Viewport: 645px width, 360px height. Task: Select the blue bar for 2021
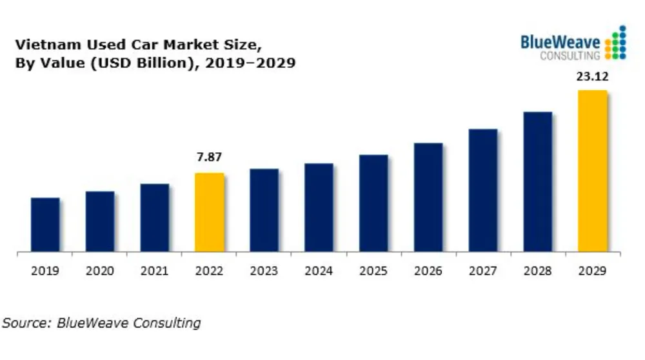click(155, 217)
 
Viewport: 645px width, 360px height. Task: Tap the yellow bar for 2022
click(210, 212)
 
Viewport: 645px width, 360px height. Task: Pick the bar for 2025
click(373, 203)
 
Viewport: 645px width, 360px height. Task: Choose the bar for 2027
click(483, 190)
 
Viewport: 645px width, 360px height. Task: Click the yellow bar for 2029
click(593, 171)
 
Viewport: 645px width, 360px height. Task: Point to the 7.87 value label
click(210, 157)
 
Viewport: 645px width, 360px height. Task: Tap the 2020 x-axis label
click(100, 271)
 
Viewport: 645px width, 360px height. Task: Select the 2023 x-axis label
click(264, 271)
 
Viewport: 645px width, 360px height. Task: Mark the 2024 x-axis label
click(319, 271)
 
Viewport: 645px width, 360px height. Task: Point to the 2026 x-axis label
click(428, 271)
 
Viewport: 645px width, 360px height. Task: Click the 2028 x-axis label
click(537, 271)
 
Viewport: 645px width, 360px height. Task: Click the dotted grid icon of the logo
click(617, 43)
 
